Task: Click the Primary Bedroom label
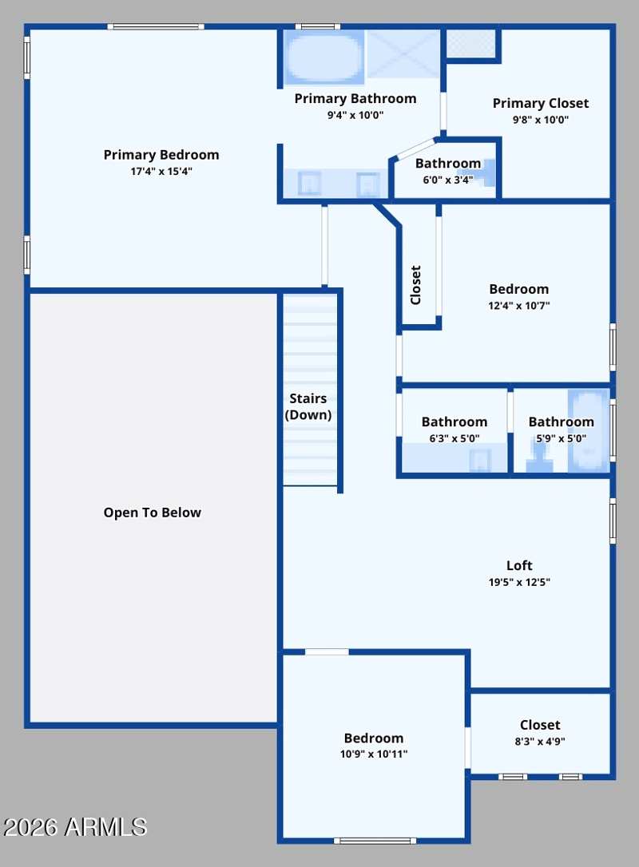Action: [161, 155]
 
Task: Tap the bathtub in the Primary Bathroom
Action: [323, 57]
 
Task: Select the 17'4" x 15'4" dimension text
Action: [161, 172]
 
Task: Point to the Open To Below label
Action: [152, 513]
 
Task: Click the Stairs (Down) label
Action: [308, 406]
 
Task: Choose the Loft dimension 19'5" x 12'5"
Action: [519, 582]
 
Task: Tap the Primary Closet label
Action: [541, 104]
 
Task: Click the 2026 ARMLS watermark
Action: [75, 827]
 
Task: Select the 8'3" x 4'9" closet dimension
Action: [539, 742]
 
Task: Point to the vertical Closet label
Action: [415, 285]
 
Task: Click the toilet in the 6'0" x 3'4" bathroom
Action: [487, 172]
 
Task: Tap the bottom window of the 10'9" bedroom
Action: [375, 841]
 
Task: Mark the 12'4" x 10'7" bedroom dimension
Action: [518, 305]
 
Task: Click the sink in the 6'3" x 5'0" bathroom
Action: [480, 461]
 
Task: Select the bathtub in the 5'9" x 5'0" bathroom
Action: [589, 431]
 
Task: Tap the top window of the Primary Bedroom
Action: [156, 26]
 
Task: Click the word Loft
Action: [519, 566]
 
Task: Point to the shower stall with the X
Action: [403, 54]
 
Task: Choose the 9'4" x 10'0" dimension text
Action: [355, 115]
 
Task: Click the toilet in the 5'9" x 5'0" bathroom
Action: [539, 459]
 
